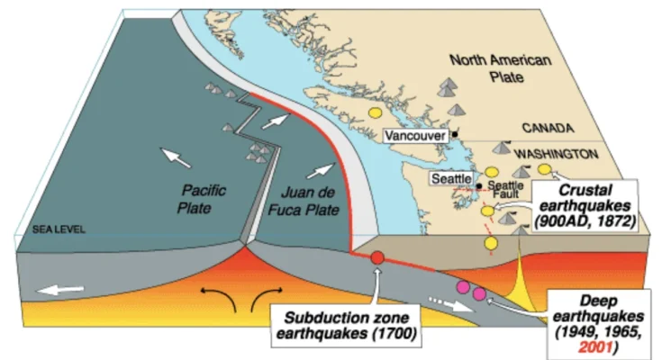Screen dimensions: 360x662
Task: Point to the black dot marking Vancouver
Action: (x=456, y=135)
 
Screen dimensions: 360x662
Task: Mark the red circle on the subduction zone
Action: (x=378, y=258)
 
